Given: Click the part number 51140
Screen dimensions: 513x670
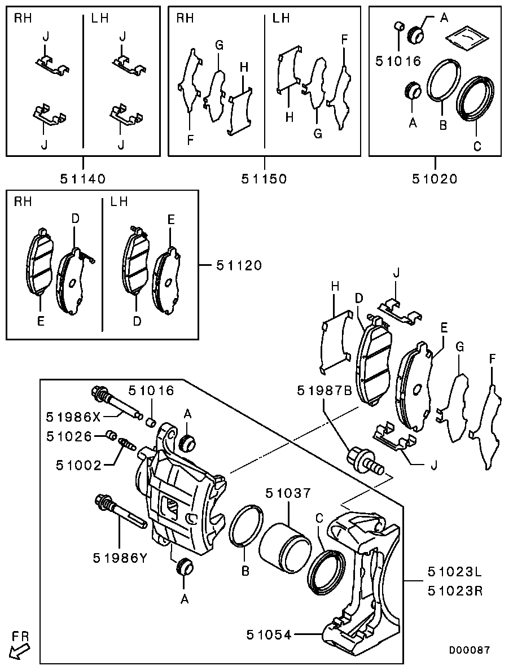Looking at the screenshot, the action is click(x=82, y=178).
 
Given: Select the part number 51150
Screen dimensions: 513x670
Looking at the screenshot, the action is click(x=264, y=178).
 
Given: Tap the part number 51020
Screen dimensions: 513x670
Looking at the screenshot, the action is click(x=435, y=178).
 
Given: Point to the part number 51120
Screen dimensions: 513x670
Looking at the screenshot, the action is click(x=239, y=265).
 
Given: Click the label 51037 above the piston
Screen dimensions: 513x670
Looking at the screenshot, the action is click(x=288, y=493).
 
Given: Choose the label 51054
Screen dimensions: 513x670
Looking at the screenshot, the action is click(x=269, y=635).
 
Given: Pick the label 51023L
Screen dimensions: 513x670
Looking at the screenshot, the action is click(x=455, y=571).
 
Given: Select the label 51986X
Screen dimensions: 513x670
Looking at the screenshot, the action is click(x=73, y=417).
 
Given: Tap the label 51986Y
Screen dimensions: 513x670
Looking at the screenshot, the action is click(x=120, y=558).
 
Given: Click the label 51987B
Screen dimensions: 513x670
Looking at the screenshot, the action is click(x=325, y=391).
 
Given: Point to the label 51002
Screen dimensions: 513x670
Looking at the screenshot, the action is click(x=79, y=465).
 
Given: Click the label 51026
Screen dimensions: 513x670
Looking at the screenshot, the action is click(x=69, y=436).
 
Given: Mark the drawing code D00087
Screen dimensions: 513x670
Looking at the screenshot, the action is click(x=469, y=650).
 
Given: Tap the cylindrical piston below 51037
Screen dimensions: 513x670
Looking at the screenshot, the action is click(x=282, y=544).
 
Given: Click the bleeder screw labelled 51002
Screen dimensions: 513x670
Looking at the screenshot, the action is click(x=126, y=444).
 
